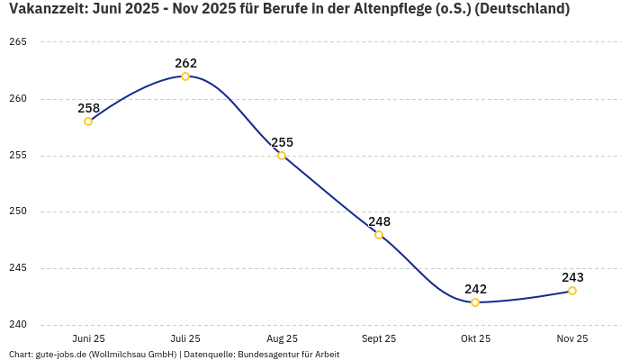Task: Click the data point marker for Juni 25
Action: click(88, 121)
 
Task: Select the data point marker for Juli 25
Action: click(185, 76)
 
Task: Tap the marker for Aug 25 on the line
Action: click(282, 156)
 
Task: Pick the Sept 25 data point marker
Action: click(379, 235)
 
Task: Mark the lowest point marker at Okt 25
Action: click(475, 302)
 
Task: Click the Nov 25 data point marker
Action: click(572, 291)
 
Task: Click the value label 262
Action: click(185, 63)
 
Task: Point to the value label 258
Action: click(88, 108)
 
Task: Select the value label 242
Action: click(475, 289)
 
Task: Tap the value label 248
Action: click(379, 221)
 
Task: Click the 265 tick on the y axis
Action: click(18, 42)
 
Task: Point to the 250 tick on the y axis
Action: click(18, 211)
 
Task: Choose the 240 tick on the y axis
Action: click(18, 325)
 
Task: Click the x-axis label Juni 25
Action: click(88, 338)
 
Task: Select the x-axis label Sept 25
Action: click(379, 338)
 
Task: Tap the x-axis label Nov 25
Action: click(572, 338)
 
